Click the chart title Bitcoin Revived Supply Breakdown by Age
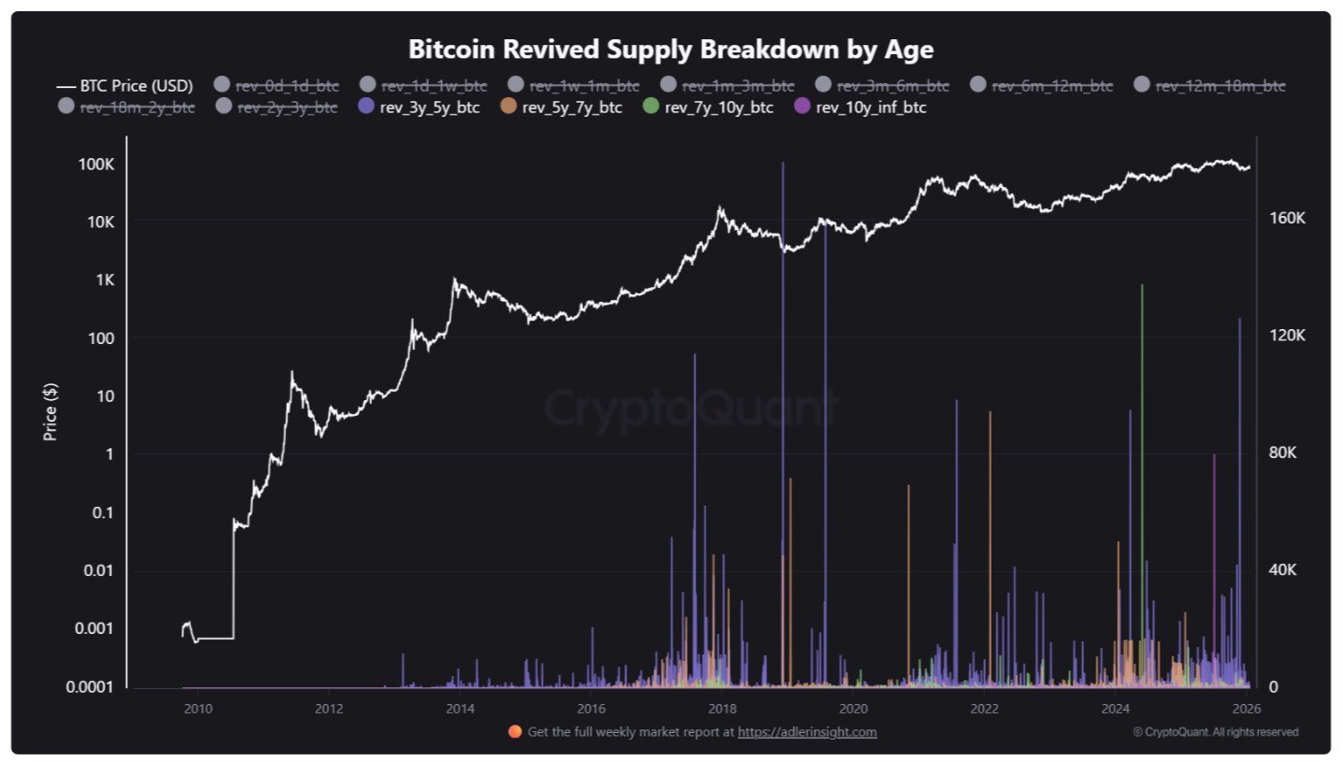pyautogui.click(x=671, y=49)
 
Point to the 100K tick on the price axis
pyautogui.click(x=96, y=165)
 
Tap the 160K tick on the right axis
pyautogui.click(x=1287, y=218)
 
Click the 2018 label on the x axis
pyautogui.click(x=720, y=707)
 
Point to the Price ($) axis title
pyautogui.click(x=50, y=412)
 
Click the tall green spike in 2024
pyautogui.click(x=1142, y=467)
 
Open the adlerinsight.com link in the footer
pyautogui.click(x=807, y=732)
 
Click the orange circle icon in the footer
pyautogui.click(x=515, y=732)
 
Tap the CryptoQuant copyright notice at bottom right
pyautogui.click(x=1215, y=732)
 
